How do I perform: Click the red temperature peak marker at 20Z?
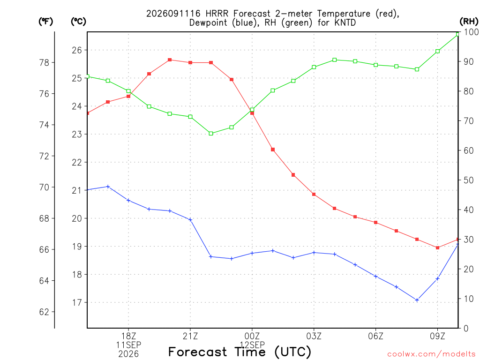pyautogui.click(x=170, y=60)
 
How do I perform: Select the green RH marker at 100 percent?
pyautogui.click(x=457, y=34)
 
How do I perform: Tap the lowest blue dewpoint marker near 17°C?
pyautogui.click(x=417, y=300)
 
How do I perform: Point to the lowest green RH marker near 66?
pyautogui.click(x=210, y=134)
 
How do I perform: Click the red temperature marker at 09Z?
pyautogui.click(x=437, y=247)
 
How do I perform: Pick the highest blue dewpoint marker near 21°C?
pyautogui.click(x=108, y=187)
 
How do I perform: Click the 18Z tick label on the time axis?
pyautogui.click(x=128, y=336)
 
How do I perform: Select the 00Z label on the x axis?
pyautogui.click(x=252, y=336)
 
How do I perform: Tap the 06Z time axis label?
pyautogui.click(x=375, y=336)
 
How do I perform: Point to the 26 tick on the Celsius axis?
pyautogui.click(x=77, y=50)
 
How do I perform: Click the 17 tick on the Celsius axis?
pyautogui.click(x=77, y=302)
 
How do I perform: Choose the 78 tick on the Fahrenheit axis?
pyautogui.click(x=45, y=62)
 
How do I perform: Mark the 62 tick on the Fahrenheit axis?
pyautogui.click(x=45, y=312)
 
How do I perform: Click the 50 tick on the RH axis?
pyautogui.click(x=469, y=180)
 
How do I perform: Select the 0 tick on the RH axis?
pyautogui.click(x=466, y=328)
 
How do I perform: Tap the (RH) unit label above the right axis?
pyautogui.click(x=469, y=21)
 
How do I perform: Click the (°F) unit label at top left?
pyautogui.click(x=45, y=22)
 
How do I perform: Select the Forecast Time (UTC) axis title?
pyautogui.click(x=240, y=352)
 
